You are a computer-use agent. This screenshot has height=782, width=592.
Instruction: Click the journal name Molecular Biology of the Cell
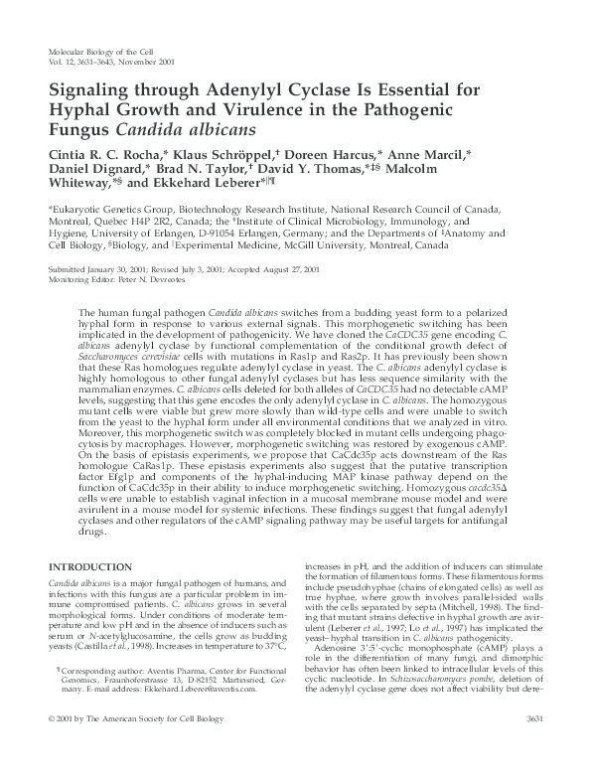click(104, 49)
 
